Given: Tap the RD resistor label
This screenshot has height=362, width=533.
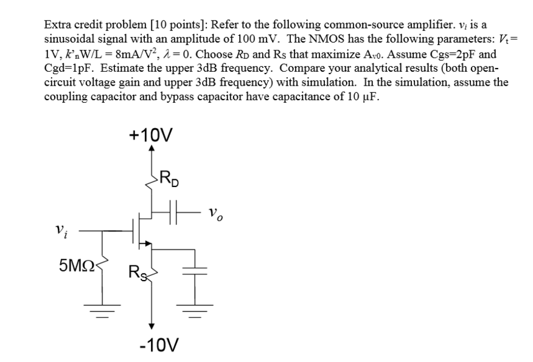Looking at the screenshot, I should [x=169, y=180].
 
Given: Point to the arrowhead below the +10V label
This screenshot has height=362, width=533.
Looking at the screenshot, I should [x=152, y=149].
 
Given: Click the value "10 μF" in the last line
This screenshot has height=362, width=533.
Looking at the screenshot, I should [x=360, y=97].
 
